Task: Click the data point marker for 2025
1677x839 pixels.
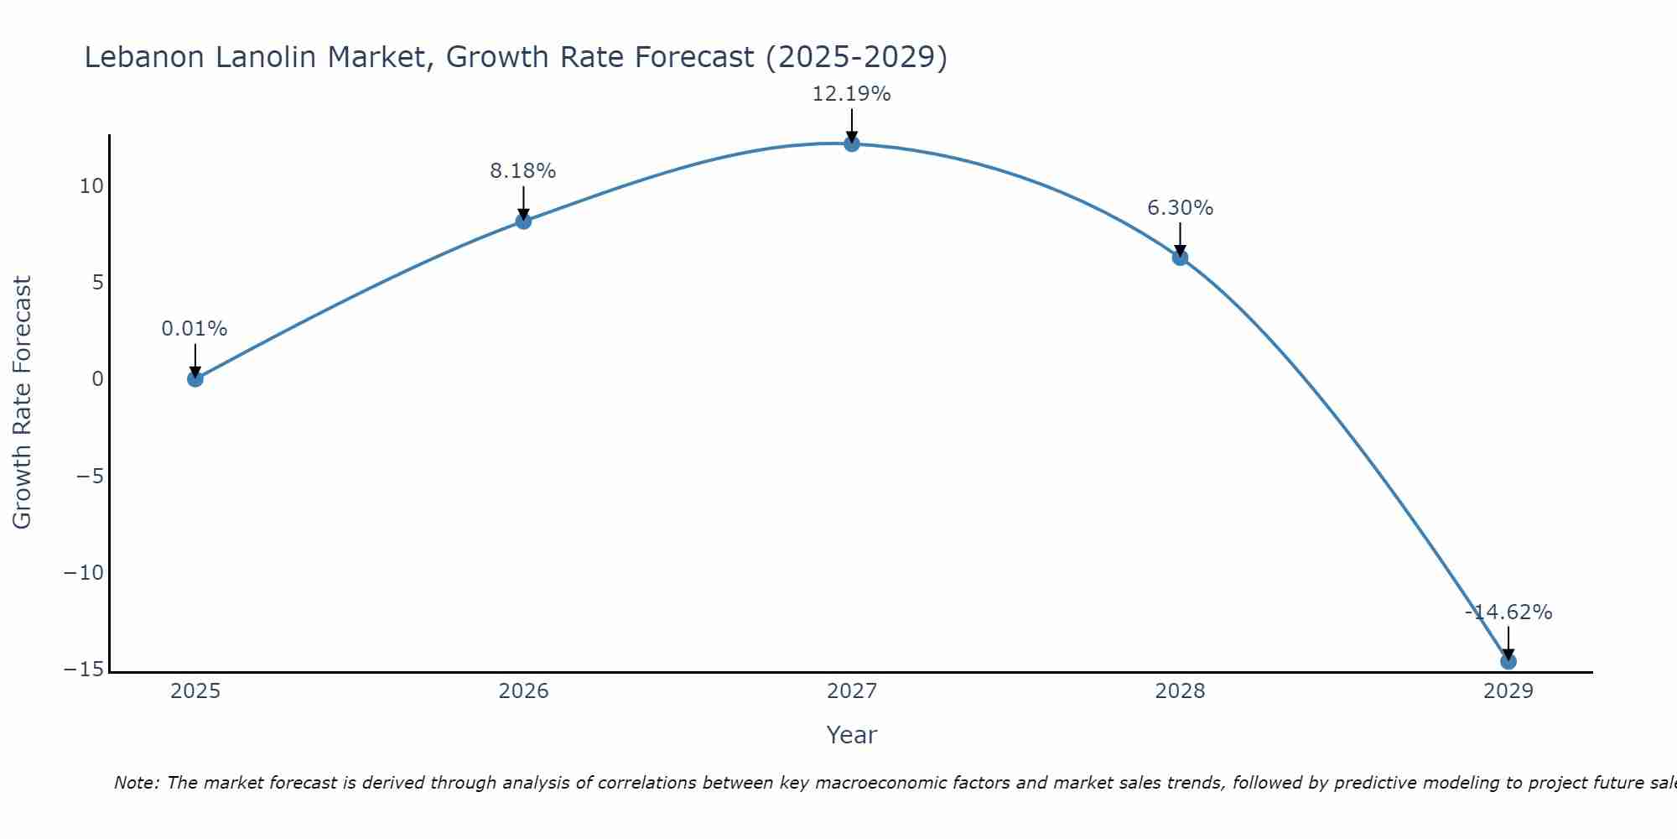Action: coord(195,378)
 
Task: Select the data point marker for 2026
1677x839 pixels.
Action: coord(523,221)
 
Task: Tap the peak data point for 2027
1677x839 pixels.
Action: coord(852,143)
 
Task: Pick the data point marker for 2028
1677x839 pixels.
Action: coord(1180,258)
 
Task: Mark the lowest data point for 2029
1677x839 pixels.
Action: coord(1508,661)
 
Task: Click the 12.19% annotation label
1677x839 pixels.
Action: coord(851,94)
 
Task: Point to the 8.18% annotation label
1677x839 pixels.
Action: coord(523,171)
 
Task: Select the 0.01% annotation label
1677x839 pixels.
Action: coord(195,329)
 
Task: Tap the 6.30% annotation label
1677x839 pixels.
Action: coord(1180,208)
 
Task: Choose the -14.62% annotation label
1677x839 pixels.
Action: coord(1508,612)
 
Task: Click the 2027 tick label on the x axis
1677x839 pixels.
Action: coord(852,691)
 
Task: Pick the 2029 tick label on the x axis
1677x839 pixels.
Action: coord(1508,691)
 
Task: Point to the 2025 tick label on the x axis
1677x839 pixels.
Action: coord(195,691)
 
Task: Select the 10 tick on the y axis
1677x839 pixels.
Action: coord(91,186)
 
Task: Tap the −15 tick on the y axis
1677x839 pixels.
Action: coord(84,670)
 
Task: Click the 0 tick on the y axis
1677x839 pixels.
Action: coord(98,379)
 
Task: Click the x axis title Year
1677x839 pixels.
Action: coord(852,735)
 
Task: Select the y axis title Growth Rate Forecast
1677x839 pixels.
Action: coord(23,402)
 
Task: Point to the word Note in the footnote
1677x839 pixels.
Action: coord(136,783)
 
